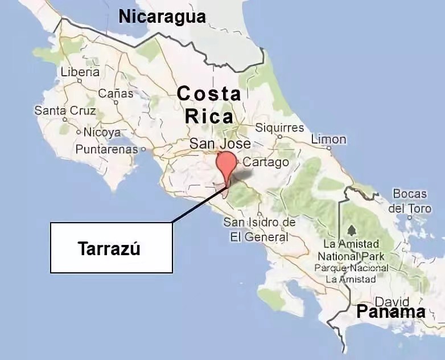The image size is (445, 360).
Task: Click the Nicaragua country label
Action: (x=162, y=17)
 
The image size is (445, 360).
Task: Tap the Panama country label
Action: (x=391, y=312)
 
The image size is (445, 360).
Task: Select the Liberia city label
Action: (x=80, y=72)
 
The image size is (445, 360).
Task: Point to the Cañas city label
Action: (x=116, y=93)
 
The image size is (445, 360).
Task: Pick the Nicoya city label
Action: (x=102, y=132)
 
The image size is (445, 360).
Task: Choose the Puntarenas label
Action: (x=108, y=149)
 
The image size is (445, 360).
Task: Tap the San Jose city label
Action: (x=220, y=144)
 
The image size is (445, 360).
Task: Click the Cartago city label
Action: (x=266, y=162)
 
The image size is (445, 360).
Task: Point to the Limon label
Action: (x=328, y=140)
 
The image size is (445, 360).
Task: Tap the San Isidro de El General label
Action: (x=259, y=229)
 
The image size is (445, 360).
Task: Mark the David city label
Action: (x=392, y=301)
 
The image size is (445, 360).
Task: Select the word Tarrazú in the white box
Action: (x=109, y=249)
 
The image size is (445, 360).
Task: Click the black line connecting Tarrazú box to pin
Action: (x=199, y=204)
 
